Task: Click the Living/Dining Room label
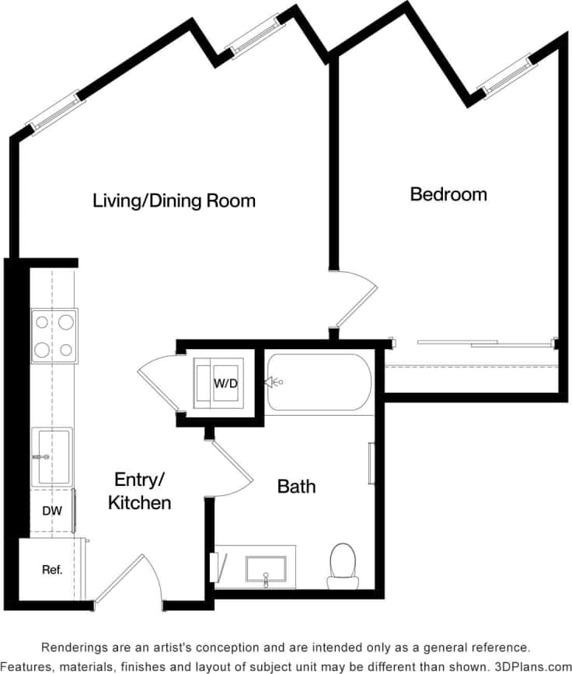(174, 201)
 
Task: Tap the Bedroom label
(448, 194)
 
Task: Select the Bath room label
(297, 487)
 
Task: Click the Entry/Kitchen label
(140, 491)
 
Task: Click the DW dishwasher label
(51, 512)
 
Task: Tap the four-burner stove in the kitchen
(54, 336)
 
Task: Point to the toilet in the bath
(343, 565)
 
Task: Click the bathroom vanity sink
(266, 569)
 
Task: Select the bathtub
(319, 382)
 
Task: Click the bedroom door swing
(354, 299)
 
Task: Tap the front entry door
(124, 579)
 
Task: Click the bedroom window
(507, 76)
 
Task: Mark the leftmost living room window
(54, 114)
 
